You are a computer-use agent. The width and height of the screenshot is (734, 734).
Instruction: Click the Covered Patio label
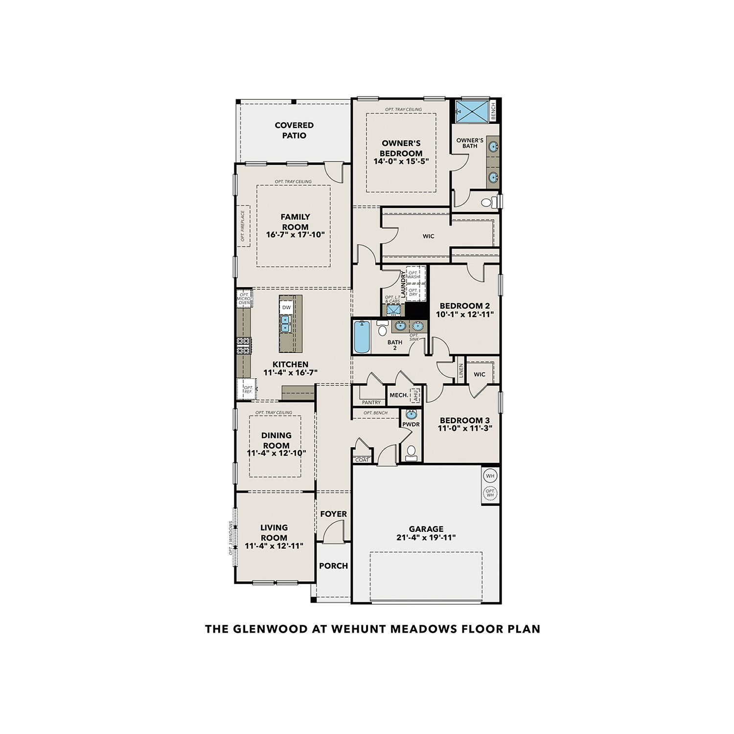294,130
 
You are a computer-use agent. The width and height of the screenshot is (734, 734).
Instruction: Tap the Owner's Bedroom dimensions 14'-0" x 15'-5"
401,161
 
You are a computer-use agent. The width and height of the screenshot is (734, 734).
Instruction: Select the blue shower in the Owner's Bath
472,112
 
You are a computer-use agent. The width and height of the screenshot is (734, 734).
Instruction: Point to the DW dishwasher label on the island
286,307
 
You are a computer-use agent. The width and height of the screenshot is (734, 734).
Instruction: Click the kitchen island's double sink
285,323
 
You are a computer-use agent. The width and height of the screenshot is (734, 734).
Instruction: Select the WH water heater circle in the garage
490,476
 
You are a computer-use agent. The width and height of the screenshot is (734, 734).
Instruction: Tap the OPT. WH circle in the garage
490,493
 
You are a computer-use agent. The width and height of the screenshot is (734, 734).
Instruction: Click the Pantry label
371,402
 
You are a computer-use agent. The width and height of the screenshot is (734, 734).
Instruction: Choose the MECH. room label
398,395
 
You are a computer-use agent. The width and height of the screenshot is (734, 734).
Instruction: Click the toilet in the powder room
411,452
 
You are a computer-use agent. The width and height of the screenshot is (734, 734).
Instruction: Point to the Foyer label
333,514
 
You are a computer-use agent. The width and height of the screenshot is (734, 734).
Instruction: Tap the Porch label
333,566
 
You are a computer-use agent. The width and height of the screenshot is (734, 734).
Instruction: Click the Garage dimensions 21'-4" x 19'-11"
426,538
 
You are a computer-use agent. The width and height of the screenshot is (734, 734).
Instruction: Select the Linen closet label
460,371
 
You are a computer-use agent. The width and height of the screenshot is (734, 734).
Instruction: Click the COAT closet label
362,460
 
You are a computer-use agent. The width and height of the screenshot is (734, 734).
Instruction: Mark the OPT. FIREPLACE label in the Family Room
243,226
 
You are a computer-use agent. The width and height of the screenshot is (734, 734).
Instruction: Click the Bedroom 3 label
464,420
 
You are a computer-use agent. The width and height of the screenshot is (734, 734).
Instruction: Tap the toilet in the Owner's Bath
487,202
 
